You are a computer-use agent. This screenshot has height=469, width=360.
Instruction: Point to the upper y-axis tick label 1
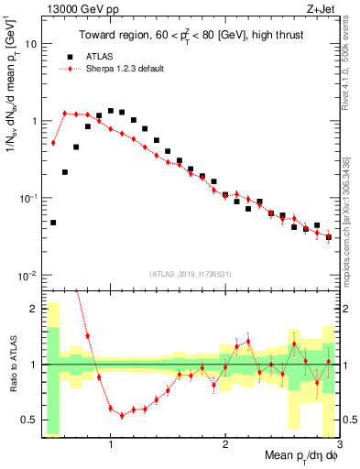pyautogui.click(x=35, y=121)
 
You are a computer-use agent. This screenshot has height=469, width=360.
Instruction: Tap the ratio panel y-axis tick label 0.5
pyautogui.click(x=31, y=420)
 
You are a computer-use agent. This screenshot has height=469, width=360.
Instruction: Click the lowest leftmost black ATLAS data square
pyautogui.click(x=53, y=223)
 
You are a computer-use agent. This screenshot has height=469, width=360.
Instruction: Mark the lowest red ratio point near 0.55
pyautogui.click(x=122, y=415)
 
